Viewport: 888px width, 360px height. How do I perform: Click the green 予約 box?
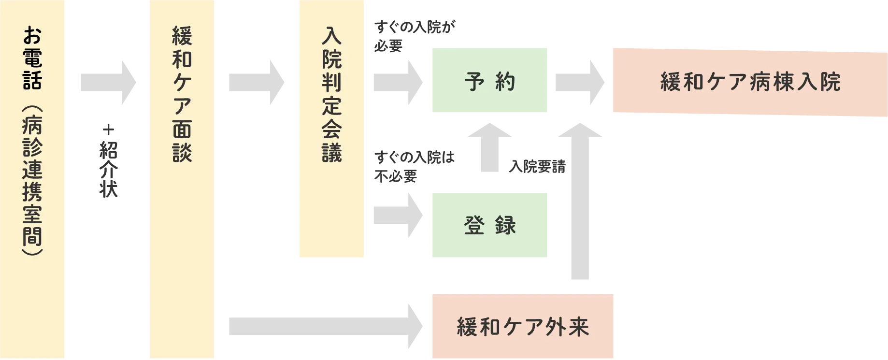[488, 81]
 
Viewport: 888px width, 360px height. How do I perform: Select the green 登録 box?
[488, 224]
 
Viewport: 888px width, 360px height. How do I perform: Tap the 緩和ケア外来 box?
[522, 327]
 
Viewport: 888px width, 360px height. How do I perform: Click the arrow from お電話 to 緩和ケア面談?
[108, 83]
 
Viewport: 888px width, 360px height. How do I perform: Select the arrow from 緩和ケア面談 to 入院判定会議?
[257, 83]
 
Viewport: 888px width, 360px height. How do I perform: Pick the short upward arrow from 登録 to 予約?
[488, 147]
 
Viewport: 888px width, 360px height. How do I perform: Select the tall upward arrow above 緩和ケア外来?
[579, 203]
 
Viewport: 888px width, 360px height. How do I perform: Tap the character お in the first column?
[32, 36]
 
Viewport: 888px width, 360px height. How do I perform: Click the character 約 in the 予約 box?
[505, 82]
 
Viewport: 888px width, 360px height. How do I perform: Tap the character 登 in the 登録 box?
[474, 225]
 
